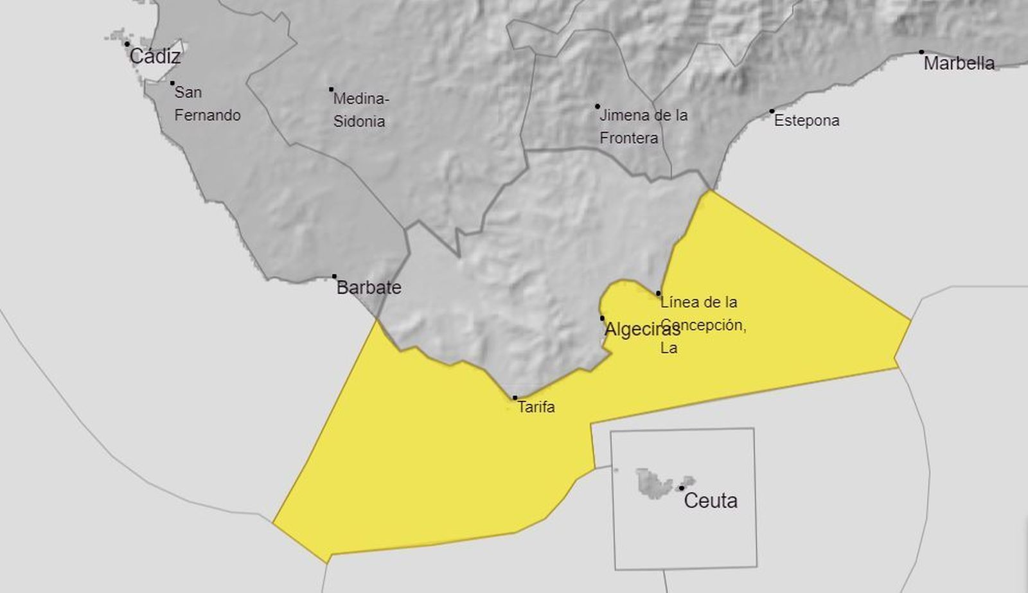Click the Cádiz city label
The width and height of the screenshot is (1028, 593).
(155, 57)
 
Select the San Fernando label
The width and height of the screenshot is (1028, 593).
(207, 103)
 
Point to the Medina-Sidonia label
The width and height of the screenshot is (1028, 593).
(361, 110)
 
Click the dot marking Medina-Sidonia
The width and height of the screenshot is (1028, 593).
(332, 89)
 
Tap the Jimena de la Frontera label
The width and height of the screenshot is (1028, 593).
(642, 127)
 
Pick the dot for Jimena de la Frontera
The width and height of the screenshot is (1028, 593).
(598, 107)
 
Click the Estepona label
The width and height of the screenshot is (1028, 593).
(806, 121)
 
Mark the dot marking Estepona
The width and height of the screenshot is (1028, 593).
(772, 111)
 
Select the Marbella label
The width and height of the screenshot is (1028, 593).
(959, 63)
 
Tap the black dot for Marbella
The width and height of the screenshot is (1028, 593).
(921, 52)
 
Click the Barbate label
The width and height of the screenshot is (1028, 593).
(369, 287)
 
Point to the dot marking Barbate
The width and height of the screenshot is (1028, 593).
(334, 276)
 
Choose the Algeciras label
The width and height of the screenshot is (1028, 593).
(642, 330)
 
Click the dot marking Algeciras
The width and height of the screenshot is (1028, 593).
(602, 318)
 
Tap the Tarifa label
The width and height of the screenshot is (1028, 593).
(536, 407)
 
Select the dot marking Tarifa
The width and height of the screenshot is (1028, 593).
(515, 398)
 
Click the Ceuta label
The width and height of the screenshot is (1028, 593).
(711, 500)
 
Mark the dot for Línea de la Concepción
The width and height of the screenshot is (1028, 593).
(659, 294)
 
